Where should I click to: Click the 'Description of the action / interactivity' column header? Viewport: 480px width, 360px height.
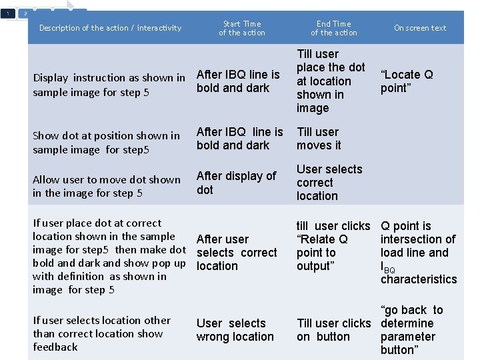[110, 28]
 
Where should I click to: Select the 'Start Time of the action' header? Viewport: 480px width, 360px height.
[241, 28]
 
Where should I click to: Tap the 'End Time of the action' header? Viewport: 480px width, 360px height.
[333, 28]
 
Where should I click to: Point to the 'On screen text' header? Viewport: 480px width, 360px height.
[420, 28]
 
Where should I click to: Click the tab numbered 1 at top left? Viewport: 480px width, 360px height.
[7, 13]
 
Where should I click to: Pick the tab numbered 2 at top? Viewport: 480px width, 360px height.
[25, 13]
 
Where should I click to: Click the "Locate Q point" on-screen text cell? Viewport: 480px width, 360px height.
[406, 81]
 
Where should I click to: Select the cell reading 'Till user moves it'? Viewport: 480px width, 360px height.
[318, 139]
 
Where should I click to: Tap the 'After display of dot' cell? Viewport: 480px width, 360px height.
[236, 183]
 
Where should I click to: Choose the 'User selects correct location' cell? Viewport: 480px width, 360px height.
[329, 183]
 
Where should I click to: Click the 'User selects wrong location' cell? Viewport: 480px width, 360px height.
[235, 330]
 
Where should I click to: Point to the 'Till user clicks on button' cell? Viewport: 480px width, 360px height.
[333, 330]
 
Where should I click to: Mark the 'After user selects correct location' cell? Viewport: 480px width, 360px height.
[237, 253]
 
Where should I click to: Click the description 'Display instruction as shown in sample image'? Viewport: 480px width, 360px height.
[109, 85]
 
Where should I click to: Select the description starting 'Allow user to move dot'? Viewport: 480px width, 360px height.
[107, 186]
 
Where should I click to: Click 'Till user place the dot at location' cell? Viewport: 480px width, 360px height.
[331, 81]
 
